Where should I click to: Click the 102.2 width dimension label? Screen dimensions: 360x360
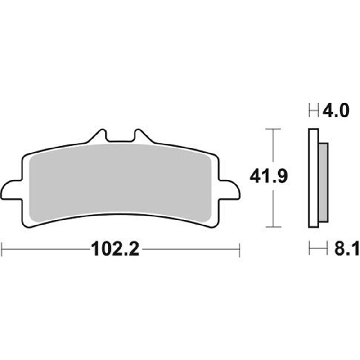pos(115,249)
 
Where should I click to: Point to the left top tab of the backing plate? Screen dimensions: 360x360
pos(100,136)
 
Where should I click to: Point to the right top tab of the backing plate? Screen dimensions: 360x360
pos(143,136)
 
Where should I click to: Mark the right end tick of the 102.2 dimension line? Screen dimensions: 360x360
pos(240,249)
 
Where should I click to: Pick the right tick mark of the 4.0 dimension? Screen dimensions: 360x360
pos(319,110)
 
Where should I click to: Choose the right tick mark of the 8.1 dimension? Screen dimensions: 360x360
pos(328,248)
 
